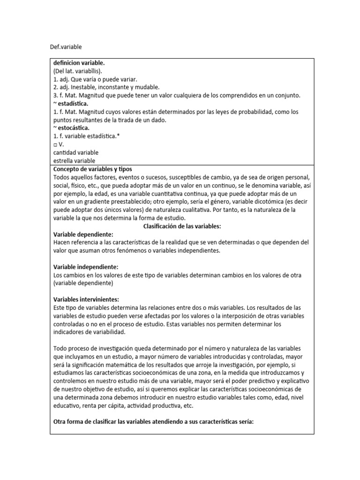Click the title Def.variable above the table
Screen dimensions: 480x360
click(x=66, y=47)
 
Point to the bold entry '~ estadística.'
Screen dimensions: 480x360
click(x=71, y=103)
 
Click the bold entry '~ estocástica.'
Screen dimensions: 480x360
click(x=72, y=127)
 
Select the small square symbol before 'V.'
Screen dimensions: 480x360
click(x=55, y=144)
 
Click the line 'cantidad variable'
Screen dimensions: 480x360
click(x=76, y=152)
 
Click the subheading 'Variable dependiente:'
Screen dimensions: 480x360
click(x=83, y=234)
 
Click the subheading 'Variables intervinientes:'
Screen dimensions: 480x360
click(x=86, y=299)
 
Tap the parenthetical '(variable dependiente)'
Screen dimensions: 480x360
click(x=83, y=283)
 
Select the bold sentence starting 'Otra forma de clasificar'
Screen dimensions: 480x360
click(x=153, y=421)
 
